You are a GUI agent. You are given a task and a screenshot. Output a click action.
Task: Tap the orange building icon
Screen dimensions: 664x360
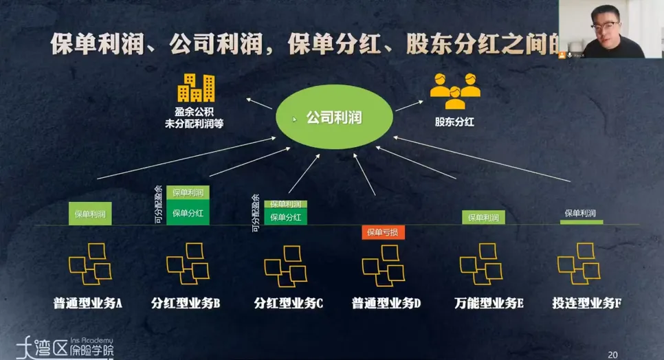pos(196,88)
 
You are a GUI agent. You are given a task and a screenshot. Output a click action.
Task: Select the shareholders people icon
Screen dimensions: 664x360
pos(455,91)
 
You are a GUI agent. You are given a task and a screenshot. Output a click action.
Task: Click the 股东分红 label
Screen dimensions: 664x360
pos(454,122)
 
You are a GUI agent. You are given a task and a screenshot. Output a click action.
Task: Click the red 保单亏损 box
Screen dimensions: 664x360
pos(383,232)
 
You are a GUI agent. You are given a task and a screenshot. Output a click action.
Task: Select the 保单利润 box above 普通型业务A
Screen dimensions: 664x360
pos(90,214)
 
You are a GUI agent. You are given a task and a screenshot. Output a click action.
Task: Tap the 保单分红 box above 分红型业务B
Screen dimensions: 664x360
pos(188,213)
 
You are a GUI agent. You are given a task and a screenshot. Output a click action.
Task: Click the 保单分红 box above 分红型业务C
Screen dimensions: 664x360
pos(286,217)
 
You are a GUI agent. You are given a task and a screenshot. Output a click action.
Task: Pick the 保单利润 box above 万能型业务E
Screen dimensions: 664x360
pos(483,218)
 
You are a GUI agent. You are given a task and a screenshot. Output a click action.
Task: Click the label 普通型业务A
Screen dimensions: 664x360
pos(87,303)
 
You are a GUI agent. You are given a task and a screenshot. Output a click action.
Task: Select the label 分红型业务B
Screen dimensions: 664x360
pos(186,303)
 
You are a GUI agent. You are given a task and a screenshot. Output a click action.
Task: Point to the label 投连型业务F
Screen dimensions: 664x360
pos(586,303)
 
